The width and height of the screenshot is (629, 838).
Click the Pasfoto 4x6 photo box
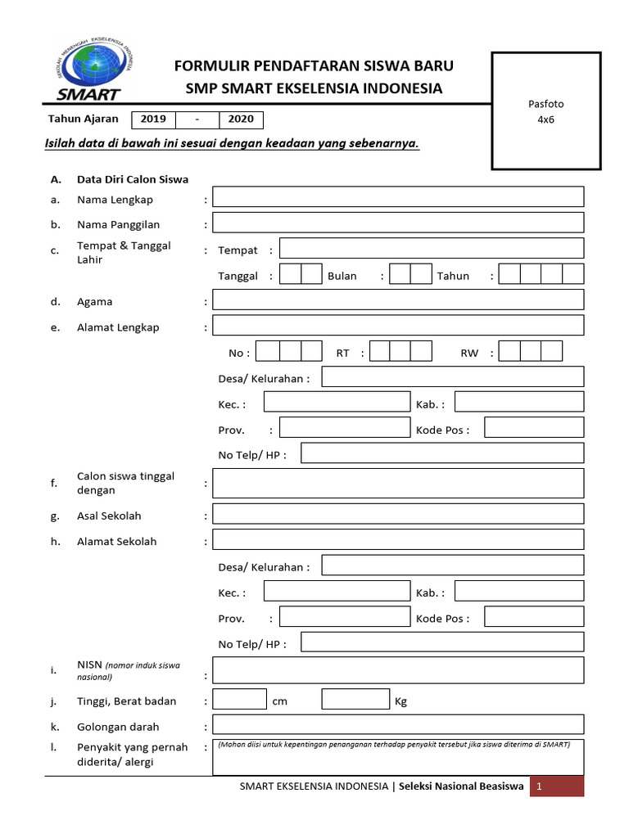[545, 110]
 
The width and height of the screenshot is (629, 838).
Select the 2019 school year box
[153, 119]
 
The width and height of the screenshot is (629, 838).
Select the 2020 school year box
[241, 119]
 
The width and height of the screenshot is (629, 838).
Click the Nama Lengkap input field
[398, 197]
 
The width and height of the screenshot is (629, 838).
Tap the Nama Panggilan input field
[398, 223]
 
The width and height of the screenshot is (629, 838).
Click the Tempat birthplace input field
[432, 249]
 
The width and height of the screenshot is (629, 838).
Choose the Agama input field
[398, 300]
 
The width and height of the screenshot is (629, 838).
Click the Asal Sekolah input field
[398, 514]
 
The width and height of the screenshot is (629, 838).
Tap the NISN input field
[398, 669]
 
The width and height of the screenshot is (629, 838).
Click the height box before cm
[239, 700]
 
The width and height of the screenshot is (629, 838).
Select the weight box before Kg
[355, 700]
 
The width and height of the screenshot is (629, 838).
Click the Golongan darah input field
[398, 725]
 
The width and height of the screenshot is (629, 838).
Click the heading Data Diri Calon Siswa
[133, 179]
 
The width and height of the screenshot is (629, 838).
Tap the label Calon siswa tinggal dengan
[125, 483]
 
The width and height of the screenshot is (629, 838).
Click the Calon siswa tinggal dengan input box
[398, 483]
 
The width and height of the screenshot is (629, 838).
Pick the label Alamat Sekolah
[116, 541]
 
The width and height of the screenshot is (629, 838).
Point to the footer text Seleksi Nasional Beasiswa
[461, 786]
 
